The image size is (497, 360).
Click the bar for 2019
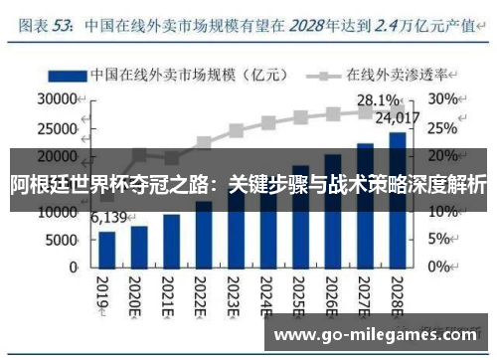click(x=106, y=249)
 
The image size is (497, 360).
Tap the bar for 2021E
click(x=171, y=240)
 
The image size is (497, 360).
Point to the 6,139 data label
click(x=110, y=218)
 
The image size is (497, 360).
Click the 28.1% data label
click(x=379, y=100)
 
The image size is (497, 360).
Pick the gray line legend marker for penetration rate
click(x=325, y=74)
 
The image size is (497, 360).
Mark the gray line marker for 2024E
click(x=267, y=123)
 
